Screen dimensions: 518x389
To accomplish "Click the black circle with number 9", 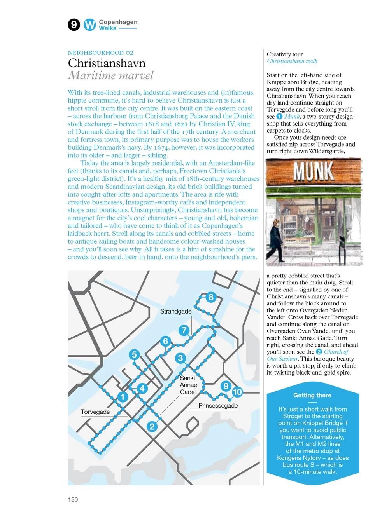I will (74, 25).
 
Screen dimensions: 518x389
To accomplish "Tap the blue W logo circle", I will (90, 25).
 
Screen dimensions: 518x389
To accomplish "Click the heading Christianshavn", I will (107, 63).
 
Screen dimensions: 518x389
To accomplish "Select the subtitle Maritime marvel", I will (111, 75).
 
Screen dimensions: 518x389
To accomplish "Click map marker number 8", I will (210, 297).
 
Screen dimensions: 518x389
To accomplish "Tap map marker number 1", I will (123, 397).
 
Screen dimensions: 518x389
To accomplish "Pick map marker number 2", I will (152, 426).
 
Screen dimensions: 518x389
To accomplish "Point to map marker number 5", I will (134, 354).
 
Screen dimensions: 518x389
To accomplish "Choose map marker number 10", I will (237, 392).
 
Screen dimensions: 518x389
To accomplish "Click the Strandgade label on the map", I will (176, 311).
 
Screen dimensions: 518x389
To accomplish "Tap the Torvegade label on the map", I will (95, 412).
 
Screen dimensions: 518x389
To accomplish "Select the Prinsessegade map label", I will (218, 406).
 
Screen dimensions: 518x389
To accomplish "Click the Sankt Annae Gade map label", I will (188, 385).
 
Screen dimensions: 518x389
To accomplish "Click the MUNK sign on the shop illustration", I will (314, 171).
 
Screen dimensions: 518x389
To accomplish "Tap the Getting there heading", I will (312, 395).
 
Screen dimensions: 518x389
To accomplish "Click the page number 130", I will (73, 499).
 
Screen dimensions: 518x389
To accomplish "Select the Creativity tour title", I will (285, 54).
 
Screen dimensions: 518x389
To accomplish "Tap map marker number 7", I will (184, 330).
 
